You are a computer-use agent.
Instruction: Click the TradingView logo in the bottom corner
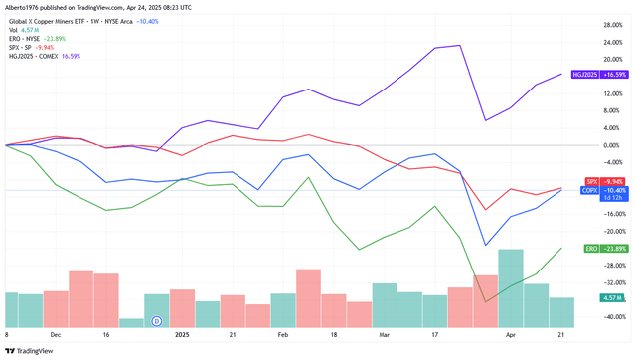click(x=30, y=349)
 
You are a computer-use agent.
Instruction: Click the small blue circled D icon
click(x=156, y=321)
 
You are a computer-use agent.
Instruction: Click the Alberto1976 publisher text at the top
click(x=26, y=7)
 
